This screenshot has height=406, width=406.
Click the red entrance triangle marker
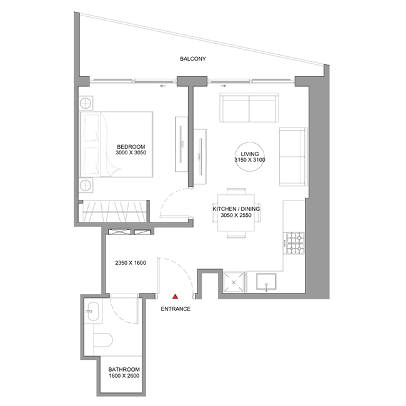pos(176,297)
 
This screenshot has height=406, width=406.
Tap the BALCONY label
pos(193,59)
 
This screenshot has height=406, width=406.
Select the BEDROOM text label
pos(131,147)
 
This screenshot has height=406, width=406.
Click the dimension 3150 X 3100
pos(250,160)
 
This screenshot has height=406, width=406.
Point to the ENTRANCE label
pos(176,309)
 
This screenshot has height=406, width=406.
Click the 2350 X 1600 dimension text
pos(131,263)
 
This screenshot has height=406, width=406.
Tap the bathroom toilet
pos(103,340)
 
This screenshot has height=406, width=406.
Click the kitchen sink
pos(266,282)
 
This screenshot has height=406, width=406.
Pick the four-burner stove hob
pos(295,243)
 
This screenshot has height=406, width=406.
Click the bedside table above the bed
pos(86,104)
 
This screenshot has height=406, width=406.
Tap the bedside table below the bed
pos(86,186)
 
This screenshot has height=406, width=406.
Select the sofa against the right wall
pos(293,157)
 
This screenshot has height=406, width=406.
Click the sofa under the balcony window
pos(249,107)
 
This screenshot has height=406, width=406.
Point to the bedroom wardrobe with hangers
pos(115,211)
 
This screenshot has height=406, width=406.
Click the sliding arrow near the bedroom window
pos(162,86)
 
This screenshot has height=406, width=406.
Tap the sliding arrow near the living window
pos(224,86)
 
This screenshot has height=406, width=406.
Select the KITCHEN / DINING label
pos(236,209)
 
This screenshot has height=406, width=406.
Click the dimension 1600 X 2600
pos(124,375)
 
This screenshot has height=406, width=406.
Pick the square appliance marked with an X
pos(234,282)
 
